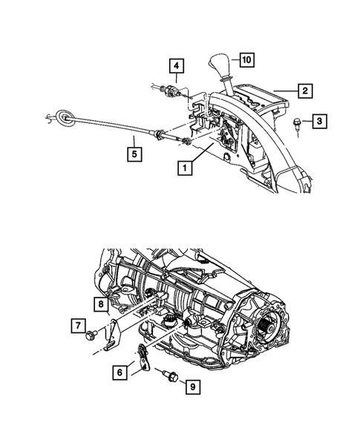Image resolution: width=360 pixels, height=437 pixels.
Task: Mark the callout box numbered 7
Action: click(77, 324)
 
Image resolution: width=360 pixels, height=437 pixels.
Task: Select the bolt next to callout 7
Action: click(92, 335)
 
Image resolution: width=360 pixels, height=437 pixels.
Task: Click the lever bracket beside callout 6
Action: click(141, 355)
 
